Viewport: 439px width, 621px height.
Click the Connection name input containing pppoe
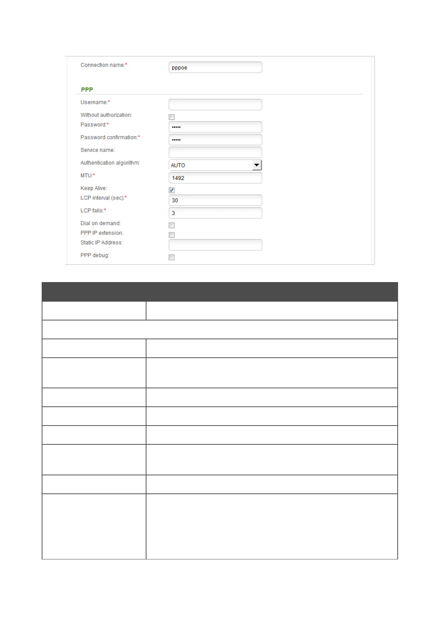(215, 67)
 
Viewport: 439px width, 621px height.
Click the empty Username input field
(215, 104)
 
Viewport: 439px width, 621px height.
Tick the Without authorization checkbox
(172, 117)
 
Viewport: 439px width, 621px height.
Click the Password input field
(215, 127)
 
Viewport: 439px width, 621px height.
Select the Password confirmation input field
(215, 139)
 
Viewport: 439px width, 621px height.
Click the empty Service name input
(215, 152)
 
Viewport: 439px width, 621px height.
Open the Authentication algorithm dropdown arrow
(256, 165)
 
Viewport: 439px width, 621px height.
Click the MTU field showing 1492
(215, 178)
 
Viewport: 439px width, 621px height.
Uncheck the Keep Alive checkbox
(172, 190)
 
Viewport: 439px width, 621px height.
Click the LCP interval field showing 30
(215, 200)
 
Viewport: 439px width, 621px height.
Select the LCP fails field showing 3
(215, 213)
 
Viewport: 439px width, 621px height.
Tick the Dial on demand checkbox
(172, 225)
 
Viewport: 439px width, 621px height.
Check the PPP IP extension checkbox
(172, 235)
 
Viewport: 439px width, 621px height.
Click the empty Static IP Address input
(215, 245)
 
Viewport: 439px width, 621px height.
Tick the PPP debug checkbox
(172, 257)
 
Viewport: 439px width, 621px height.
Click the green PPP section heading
(87, 90)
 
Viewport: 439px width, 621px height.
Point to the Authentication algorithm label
(110, 163)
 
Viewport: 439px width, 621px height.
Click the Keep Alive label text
(94, 188)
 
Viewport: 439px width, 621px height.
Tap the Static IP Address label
(101, 242)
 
